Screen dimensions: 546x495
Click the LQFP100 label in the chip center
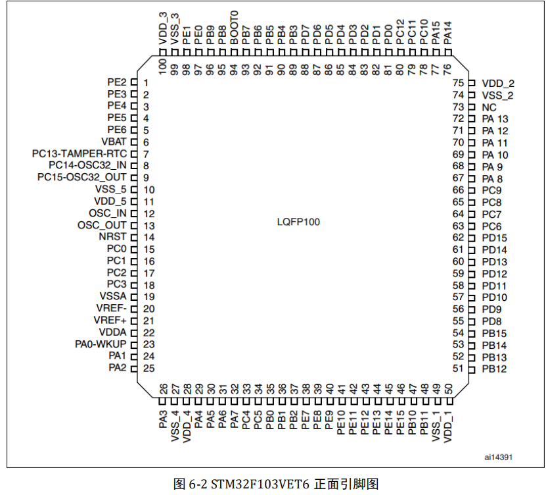tap(298, 222)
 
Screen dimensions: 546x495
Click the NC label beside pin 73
tap(489, 107)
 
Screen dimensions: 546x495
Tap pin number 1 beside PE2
tap(145, 83)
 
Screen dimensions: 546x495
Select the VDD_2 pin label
tap(497, 84)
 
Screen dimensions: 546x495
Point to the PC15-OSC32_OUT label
tap(81, 178)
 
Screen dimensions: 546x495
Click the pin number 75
tap(458, 83)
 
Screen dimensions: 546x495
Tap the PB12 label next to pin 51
tap(494, 369)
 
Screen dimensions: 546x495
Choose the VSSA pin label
tap(112, 297)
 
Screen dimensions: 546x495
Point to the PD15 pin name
tap(494, 238)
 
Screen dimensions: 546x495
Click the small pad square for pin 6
tap(133, 142)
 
